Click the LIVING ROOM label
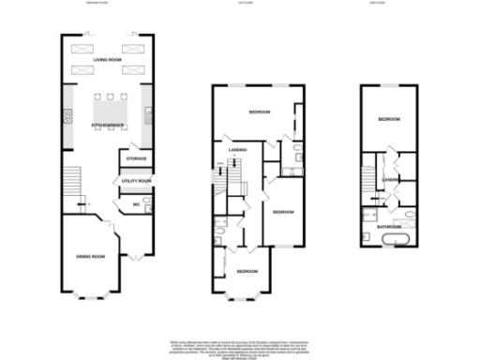(x=108, y=59)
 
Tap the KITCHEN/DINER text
(x=108, y=125)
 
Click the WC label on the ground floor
(x=136, y=202)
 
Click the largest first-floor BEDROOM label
(x=260, y=112)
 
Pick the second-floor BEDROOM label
(x=389, y=120)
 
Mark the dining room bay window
(x=91, y=296)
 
